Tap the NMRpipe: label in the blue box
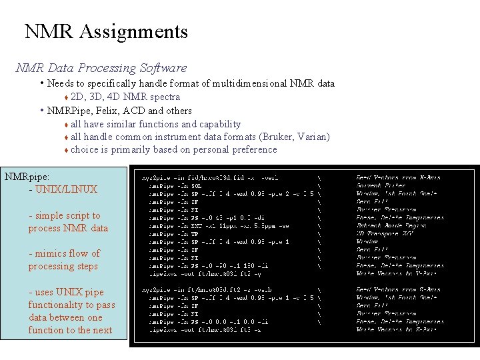[x=27, y=177]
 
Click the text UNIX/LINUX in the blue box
[x=66, y=189]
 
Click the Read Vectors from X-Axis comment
[x=399, y=177]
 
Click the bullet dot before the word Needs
[x=41, y=83]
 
